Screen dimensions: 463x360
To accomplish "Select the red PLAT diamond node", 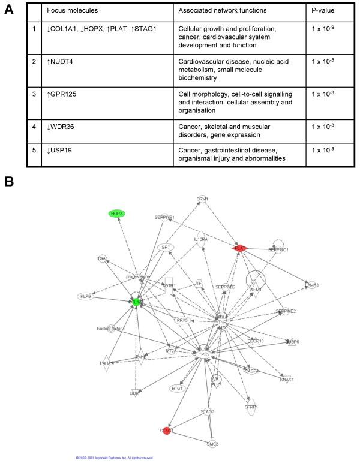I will pyautogui.click(x=240, y=248).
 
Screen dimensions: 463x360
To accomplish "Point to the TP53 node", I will pyautogui.click(x=203, y=354).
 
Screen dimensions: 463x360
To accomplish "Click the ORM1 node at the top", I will pyautogui.click(x=202, y=199).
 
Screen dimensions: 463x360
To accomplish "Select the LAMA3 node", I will pyautogui.click(x=311, y=285).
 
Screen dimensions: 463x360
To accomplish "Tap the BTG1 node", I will pyautogui.click(x=177, y=389).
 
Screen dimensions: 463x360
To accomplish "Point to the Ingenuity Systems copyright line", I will pyautogui.click(x=114, y=458).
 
